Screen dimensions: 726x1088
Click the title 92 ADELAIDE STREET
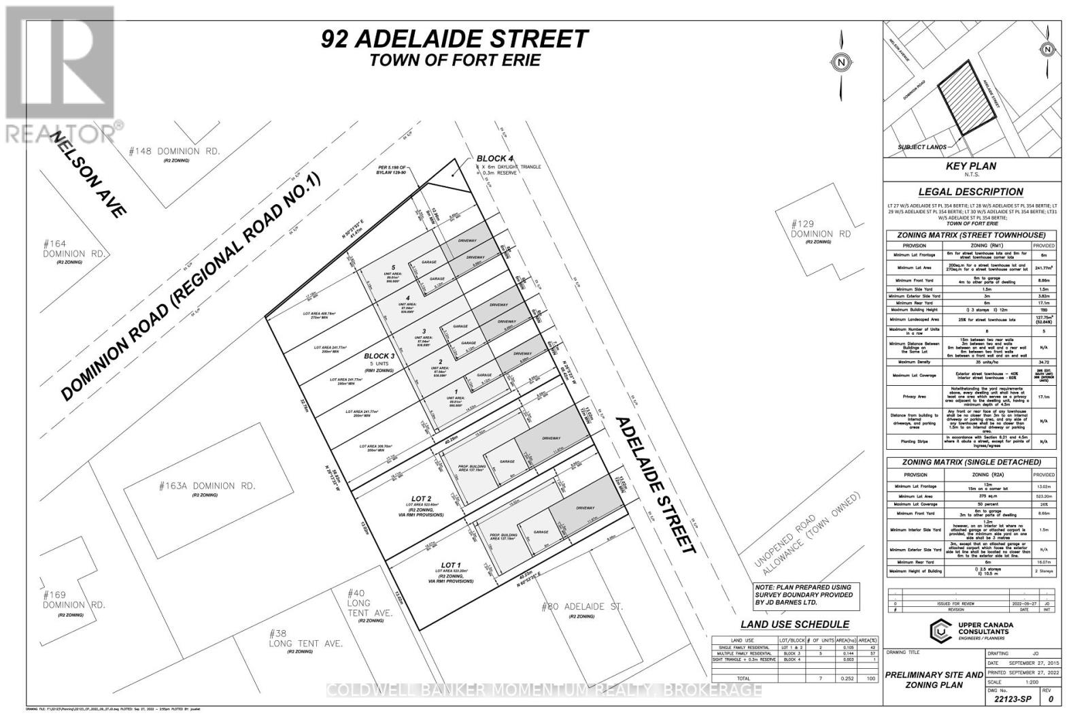click(x=454, y=39)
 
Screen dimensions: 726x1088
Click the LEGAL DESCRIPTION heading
click(x=970, y=192)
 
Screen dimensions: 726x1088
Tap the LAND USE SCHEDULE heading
click(x=794, y=625)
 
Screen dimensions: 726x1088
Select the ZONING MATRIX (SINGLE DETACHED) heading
click(x=972, y=463)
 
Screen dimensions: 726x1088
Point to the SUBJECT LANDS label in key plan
click(x=922, y=147)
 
